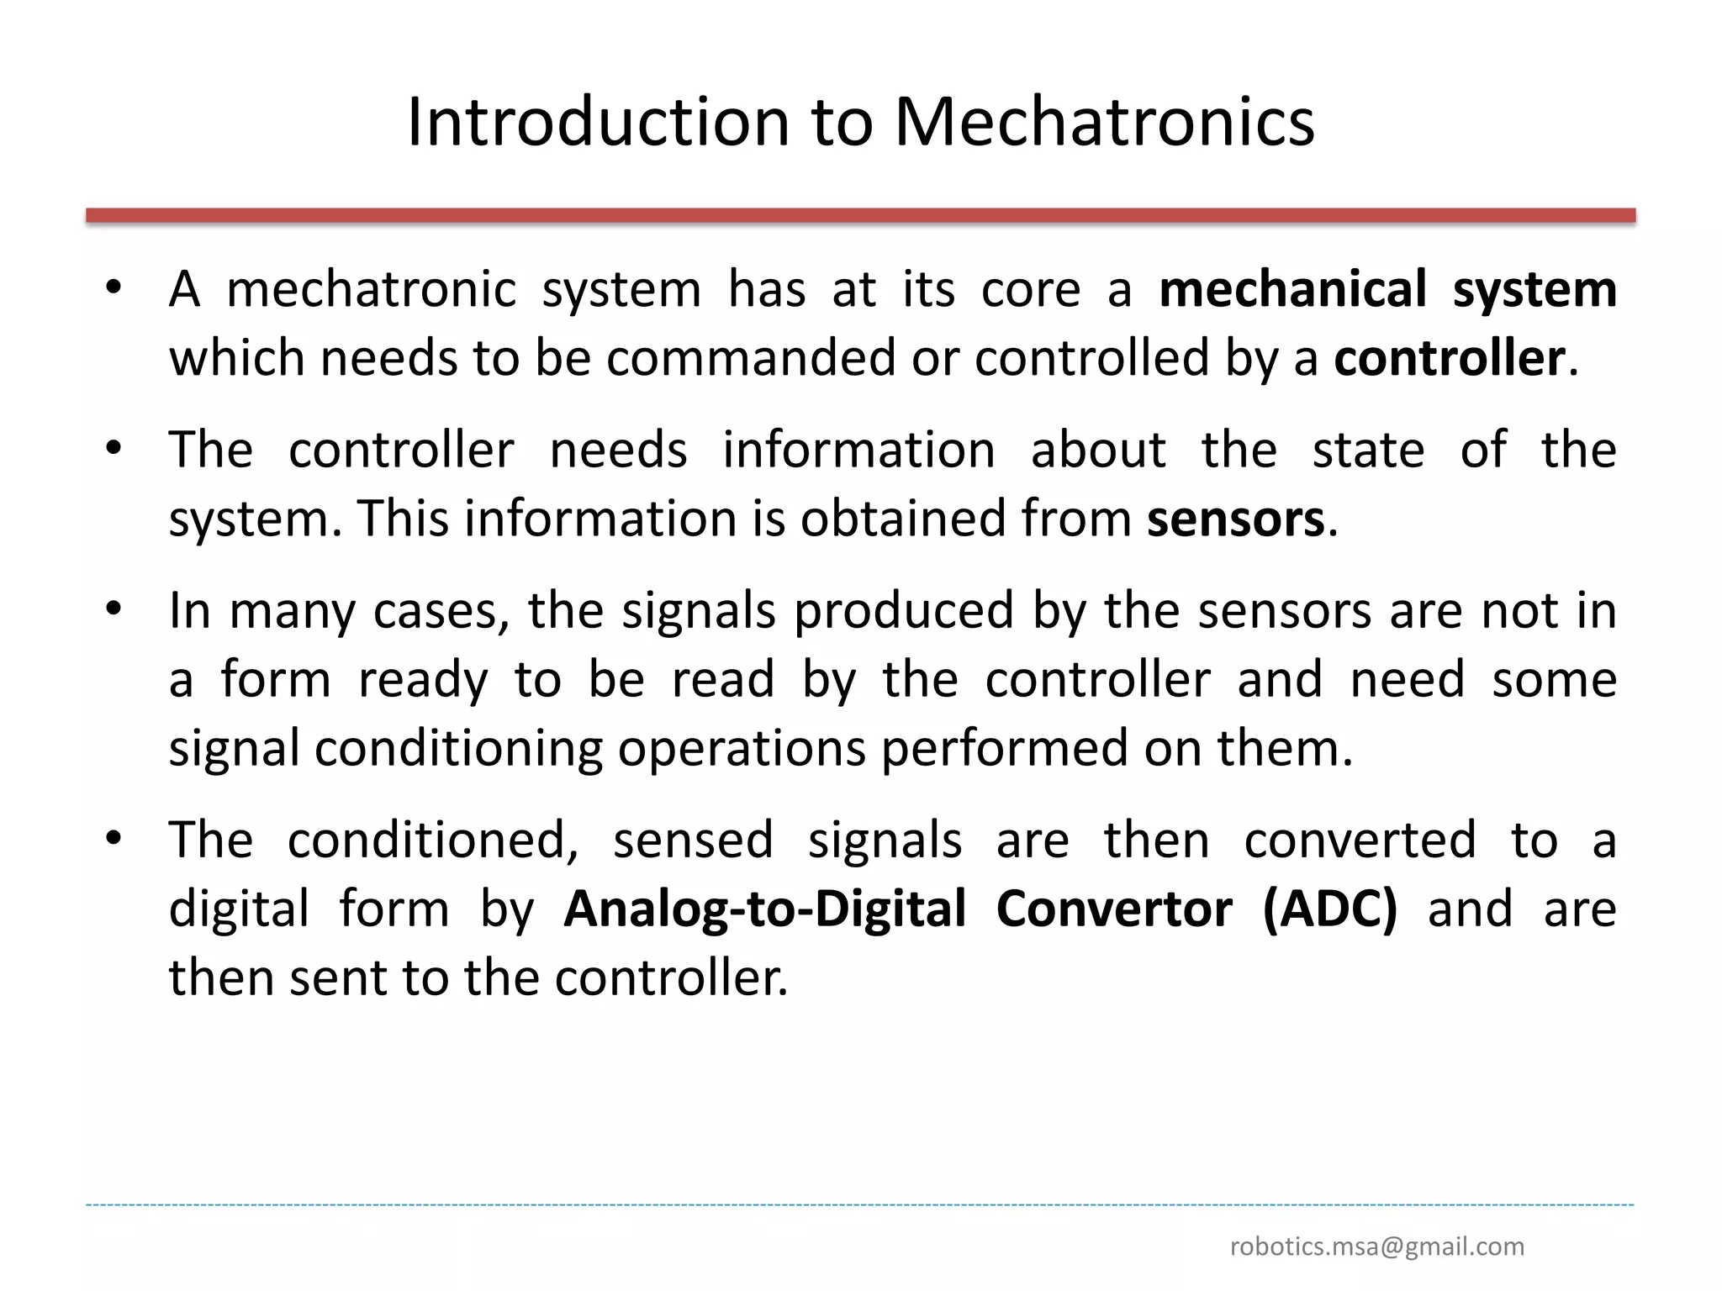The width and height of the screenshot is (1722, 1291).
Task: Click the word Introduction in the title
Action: tap(598, 123)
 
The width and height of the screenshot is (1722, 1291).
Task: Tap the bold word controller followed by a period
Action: tap(1450, 358)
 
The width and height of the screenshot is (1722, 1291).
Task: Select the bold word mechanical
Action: tap(1293, 289)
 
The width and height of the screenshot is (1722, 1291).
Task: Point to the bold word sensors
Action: tap(1236, 519)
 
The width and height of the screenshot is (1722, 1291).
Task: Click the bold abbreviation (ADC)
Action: tap(1330, 909)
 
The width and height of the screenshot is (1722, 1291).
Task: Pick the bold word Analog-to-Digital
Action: tap(765, 910)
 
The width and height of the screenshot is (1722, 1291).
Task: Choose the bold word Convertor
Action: tap(1114, 909)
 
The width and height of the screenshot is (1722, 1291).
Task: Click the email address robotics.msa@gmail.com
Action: tap(1377, 1246)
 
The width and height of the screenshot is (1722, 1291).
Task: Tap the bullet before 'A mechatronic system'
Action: tap(114, 287)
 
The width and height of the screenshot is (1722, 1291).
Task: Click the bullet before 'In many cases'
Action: tap(114, 609)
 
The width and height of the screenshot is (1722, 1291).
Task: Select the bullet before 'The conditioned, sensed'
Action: tap(114, 838)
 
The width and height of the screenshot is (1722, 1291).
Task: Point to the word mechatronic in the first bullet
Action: tap(371, 289)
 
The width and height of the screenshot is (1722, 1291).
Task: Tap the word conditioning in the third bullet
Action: tap(459, 748)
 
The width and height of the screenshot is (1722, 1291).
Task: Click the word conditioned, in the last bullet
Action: tap(433, 840)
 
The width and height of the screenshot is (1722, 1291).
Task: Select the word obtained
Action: tap(903, 519)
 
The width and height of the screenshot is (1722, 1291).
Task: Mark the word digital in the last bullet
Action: tap(240, 910)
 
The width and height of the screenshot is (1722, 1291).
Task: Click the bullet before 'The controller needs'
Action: tap(114, 448)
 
